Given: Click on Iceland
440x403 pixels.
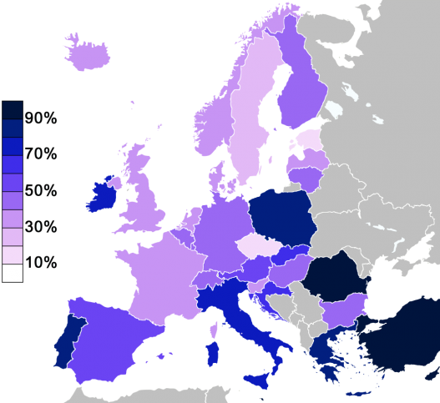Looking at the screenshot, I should pos(86,55).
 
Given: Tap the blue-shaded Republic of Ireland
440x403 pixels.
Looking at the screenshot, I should pos(101,197).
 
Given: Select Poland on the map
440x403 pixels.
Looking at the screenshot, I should pos(283,217).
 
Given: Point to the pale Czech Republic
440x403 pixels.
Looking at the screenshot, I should pos(256,246).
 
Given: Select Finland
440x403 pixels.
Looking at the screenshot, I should pos(302,92).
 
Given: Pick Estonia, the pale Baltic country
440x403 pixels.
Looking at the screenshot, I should pos(309,139).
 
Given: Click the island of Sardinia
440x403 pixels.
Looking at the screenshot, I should pos(213,350).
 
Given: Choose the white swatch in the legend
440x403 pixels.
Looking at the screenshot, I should pos(13,273).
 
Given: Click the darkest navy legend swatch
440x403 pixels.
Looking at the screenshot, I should pos(13,110).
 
